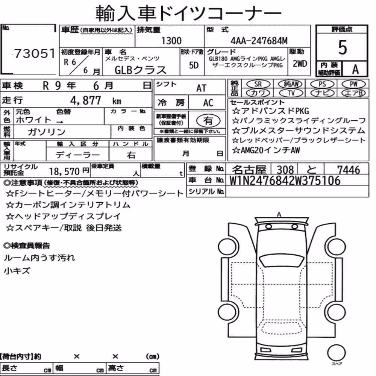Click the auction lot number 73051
[x=35, y=53]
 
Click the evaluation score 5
[x=343, y=47]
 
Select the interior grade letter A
[x=355, y=70]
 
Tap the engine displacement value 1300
[x=171, y=41]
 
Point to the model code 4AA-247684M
[x=259, y=41]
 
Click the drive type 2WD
[x=300, y=64]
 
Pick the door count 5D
[x=194, y=65]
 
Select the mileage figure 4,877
[x=85, y=100]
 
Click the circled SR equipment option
[x=258, y=84]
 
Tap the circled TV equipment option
[x=291, y=93]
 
